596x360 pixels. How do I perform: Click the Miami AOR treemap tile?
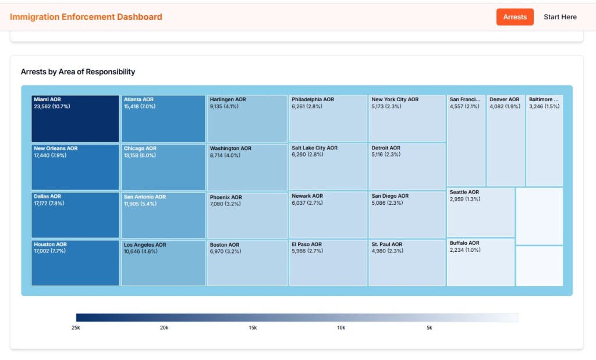point(75,119)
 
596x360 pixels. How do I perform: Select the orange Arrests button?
point(515,17)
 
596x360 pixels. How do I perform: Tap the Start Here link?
point(560,17)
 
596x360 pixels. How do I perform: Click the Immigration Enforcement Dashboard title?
point(86,17)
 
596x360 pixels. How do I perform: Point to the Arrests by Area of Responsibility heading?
point(78,72)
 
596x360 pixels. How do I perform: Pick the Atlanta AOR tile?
point(163,119)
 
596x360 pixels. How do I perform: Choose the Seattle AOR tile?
point(480,212)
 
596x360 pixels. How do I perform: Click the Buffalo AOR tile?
point(480,262)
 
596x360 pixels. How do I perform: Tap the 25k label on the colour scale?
point(76,328)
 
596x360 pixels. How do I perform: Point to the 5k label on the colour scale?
point(429,328)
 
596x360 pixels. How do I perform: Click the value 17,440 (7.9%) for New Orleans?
point(51,155)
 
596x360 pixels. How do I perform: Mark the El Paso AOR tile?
point(328,263)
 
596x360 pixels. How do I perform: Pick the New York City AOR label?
point(395,99)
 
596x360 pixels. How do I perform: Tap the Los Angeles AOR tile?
point(163,263)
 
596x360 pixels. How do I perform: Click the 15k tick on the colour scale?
point(253,328)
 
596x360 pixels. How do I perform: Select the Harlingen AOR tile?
point(247,119)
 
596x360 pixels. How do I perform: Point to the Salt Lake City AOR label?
point(314,148)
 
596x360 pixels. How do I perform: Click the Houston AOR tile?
point(75,263)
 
